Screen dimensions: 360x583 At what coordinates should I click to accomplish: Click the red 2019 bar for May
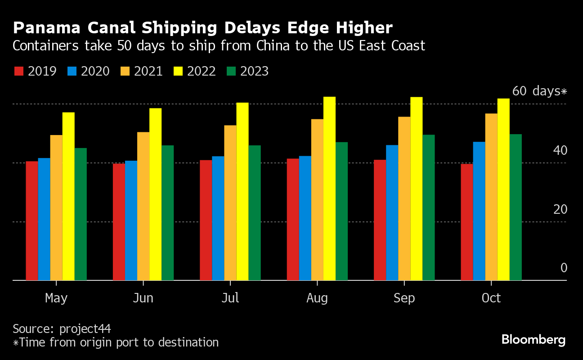[x=32, y=220]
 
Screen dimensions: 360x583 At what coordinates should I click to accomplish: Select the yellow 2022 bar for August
[x=329, y=189]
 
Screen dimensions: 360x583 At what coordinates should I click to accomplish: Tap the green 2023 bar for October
[x=516, y=207]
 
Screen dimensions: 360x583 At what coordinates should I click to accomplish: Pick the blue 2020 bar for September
[x=392, y=212]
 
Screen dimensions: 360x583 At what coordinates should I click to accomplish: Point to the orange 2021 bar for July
[x=230, y=202]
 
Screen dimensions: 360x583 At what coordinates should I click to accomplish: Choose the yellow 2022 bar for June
[x=155, y=194]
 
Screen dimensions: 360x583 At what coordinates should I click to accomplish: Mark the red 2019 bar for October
[x=467, y=222]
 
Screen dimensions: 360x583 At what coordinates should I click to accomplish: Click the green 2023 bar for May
[x=81, y=214]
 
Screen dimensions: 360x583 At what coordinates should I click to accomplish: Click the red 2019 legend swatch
[x=18, y=72]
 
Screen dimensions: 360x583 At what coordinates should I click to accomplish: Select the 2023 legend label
[x=254, y=72]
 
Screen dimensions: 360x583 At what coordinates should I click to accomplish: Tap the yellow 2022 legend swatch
[x=178, y=72]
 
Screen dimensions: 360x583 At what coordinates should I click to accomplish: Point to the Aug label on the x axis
[x=317, y=298]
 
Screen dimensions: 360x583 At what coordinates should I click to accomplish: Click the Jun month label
[x=143, y=298]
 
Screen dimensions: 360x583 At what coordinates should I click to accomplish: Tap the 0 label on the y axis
[x=564, y=268]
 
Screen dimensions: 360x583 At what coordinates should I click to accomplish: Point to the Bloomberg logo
[x=534, y=339]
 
